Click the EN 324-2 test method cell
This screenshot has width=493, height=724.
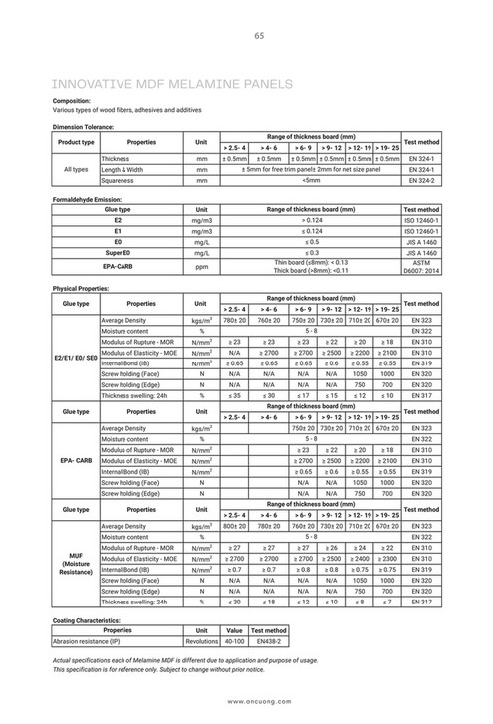tap(422, 181)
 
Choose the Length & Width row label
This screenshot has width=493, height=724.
tap(123, 170)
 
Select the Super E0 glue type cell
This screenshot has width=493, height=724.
tap(118, 254)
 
